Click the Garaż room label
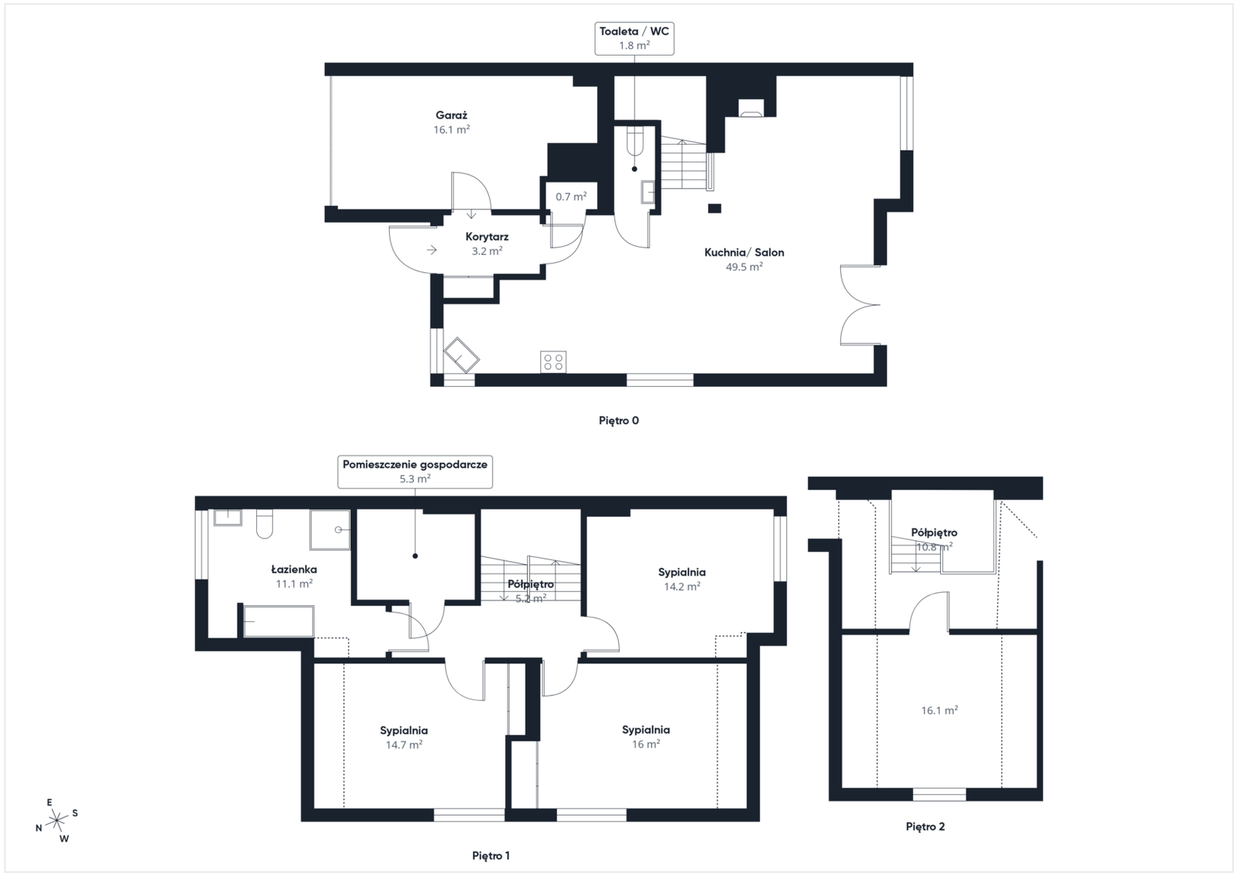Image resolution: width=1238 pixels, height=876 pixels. click(452, 115)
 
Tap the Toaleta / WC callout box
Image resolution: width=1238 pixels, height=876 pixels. click(634, 38)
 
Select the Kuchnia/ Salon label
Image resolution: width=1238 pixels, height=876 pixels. click(744, 252)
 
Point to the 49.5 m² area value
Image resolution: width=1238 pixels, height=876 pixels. click(744, 267)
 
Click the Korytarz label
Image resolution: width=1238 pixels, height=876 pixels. click(487, 237)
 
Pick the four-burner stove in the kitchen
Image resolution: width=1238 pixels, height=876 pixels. click(553, 363)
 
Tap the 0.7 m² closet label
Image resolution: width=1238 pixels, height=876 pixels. click(571, 197)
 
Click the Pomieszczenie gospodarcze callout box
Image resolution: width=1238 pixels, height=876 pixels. click(415, 471)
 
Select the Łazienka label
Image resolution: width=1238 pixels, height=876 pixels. click(294, 570)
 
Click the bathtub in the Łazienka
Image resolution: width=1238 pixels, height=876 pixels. click(279, 621)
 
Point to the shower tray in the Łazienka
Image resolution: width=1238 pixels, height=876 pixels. click(330, 529)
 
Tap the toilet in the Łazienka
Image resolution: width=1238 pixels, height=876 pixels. click(265, 524)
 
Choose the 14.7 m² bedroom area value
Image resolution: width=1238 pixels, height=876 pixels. click(404, 745)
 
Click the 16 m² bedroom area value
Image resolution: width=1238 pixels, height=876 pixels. click(645, 744)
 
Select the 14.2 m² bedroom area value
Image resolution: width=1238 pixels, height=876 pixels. click(682, 587)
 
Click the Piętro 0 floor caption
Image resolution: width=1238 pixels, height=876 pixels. click(619, 421)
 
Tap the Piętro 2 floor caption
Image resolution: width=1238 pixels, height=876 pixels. click(925, 826)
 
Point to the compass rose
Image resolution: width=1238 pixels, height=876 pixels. click(57, 820)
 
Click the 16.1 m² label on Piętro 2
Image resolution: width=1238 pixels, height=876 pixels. click(939, 710)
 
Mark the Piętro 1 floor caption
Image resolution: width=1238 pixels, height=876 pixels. click(491, 856)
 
